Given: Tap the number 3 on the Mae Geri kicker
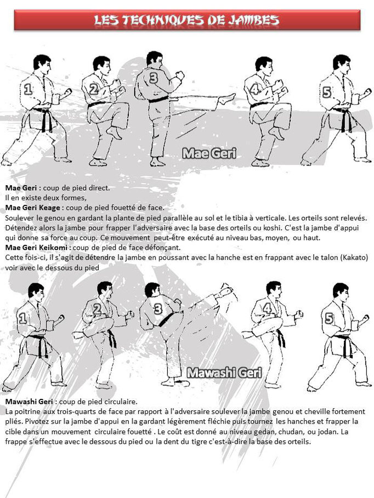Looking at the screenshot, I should point(153,78).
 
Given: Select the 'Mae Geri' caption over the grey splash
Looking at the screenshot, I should point(209,153).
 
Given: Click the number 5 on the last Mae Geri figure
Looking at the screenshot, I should point(327,92).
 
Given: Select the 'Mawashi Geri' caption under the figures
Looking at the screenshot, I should point(224,373).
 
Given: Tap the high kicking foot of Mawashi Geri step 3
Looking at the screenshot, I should point(225,289).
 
